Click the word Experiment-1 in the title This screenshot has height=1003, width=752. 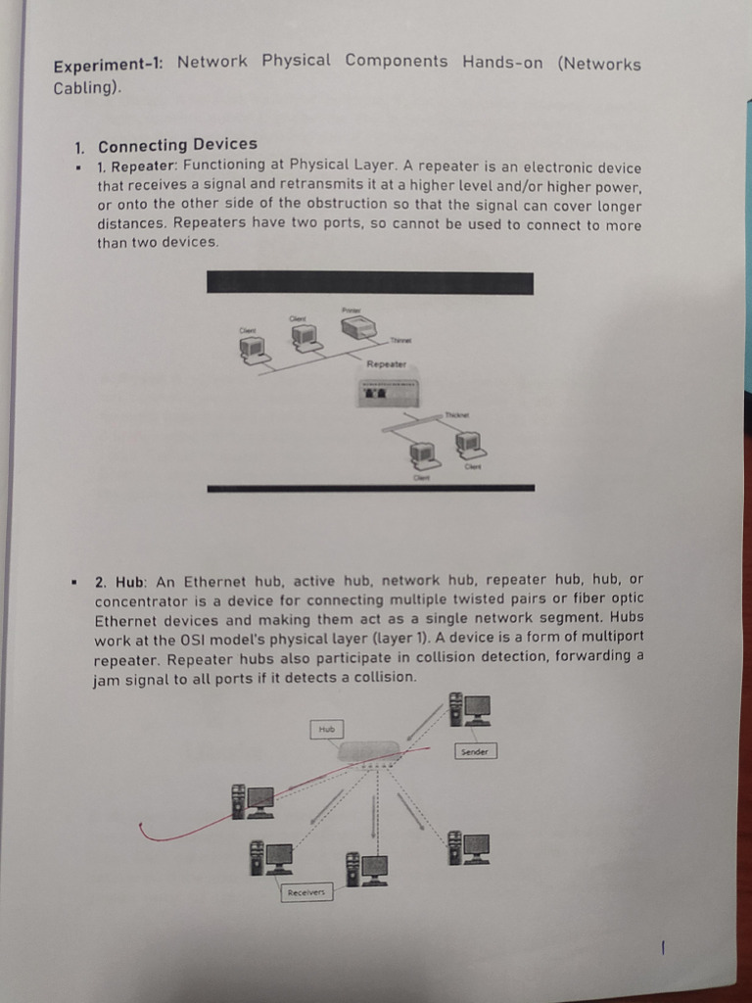pyautogui.click(x=109, y=66)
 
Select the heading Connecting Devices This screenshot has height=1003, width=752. pyautogui.click(x=177, y=145)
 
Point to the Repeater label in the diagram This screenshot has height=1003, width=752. pyautogui.click(x=386, y=363)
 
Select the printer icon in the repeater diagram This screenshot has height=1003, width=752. pyautogui.click(x=357, y=327)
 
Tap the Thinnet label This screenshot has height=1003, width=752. pyautogui.click(x=401, y=341)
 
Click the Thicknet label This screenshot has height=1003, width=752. pyautogui.click(x=457, y=415)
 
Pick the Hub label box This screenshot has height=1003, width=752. pyautogui.click(x=327, y=729)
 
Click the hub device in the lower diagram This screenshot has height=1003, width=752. pyautogui.click(x=368, y=752)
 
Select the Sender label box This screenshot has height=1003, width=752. pyautogui.click(x=476, y=751)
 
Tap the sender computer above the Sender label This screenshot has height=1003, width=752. pyautogui.click(x=469, y=709)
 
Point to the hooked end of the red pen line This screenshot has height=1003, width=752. pyautogui.click(x=143, y=831)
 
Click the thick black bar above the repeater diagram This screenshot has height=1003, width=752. pyautogui.click(x=370, y=283)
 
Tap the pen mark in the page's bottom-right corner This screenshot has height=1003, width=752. pyautogui.click(x=664, y=947)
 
